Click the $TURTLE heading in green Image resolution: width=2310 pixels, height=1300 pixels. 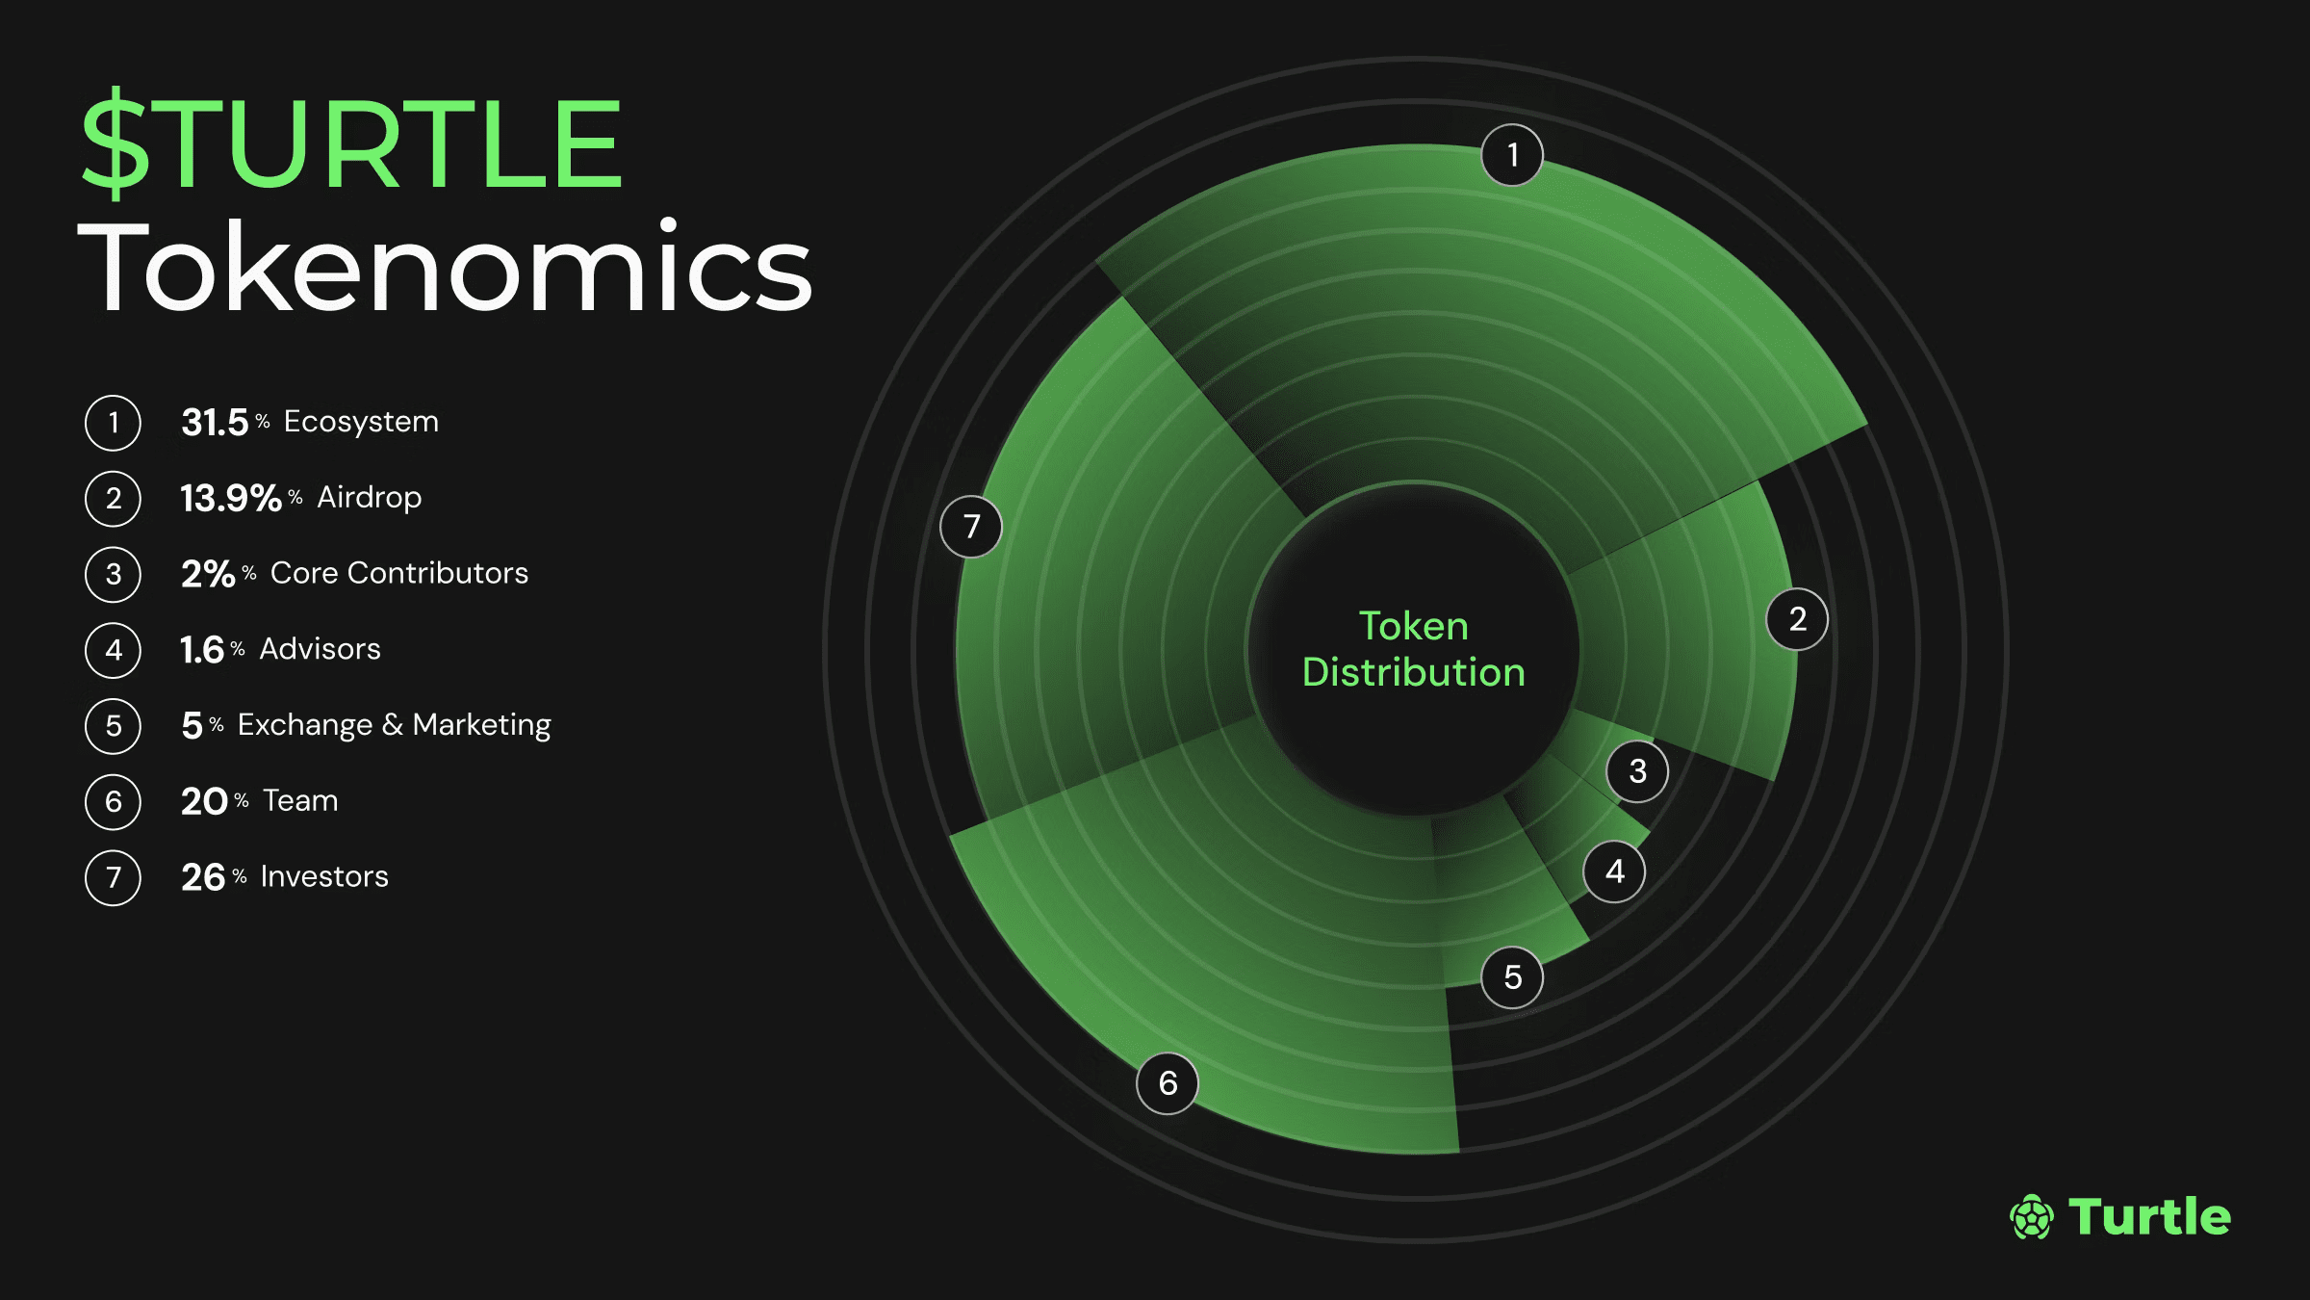[352, 144]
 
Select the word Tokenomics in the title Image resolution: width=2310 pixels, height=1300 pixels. [445, 268]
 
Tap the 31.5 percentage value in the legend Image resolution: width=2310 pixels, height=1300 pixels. [215, 422]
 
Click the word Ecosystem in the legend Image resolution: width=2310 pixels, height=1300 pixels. [361, 422]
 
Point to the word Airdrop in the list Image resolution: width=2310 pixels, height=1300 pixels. [370, 498]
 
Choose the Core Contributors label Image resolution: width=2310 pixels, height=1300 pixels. [399, 573]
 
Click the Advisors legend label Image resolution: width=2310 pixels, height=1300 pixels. [321, 649]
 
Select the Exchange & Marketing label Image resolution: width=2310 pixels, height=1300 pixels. [395, 724]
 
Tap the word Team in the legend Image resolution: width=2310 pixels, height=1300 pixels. [300, 800]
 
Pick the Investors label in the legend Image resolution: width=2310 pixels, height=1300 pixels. [324, 876]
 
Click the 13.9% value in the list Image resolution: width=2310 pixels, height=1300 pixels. [231, 498]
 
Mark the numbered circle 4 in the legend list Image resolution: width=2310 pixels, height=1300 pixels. [114, 650]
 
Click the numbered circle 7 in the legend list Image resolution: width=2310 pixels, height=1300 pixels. [114, 877]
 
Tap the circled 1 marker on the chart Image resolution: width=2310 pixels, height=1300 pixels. [1512, 155]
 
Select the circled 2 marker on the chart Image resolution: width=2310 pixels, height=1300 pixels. [1797, 619]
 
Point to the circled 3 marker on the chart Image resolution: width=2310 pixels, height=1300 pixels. [1637, 771]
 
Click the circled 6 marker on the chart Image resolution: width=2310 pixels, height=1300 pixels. [1168, 1083]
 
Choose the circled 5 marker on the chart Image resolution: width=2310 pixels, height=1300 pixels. [1512, 977]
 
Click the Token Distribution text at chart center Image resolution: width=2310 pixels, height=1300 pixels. [1414, 649]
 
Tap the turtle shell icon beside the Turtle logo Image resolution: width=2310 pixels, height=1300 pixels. [2032, 1217]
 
